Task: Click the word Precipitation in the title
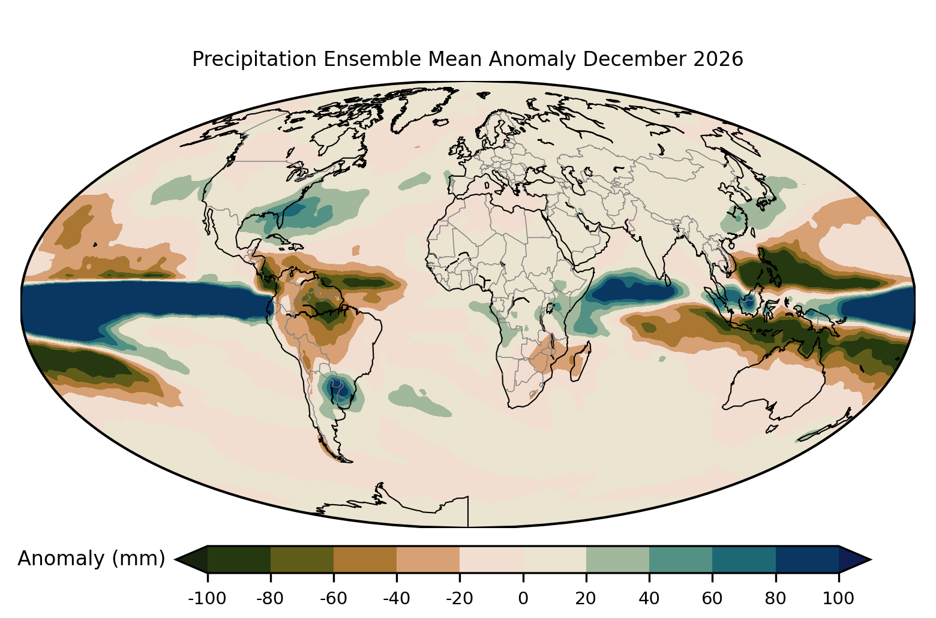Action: point(254,59)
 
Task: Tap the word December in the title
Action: point(634,59)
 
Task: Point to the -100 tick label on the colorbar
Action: point(207,599)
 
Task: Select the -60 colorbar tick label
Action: point(334,599)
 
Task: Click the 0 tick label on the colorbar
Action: point(523,599)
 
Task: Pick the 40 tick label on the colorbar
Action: point(649,599)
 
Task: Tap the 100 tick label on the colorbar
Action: point(838,599)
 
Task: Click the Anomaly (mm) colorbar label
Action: point(92,559)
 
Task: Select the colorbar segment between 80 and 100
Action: point(808,559)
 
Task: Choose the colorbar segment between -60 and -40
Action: point(365,559)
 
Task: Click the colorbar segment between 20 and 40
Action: point(617,559)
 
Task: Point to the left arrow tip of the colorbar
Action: point(175,559)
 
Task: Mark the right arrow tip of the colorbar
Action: point(871,559)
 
